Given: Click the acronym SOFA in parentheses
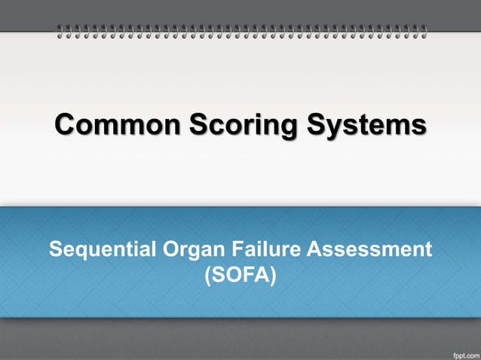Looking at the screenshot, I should (x=240, y=275).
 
